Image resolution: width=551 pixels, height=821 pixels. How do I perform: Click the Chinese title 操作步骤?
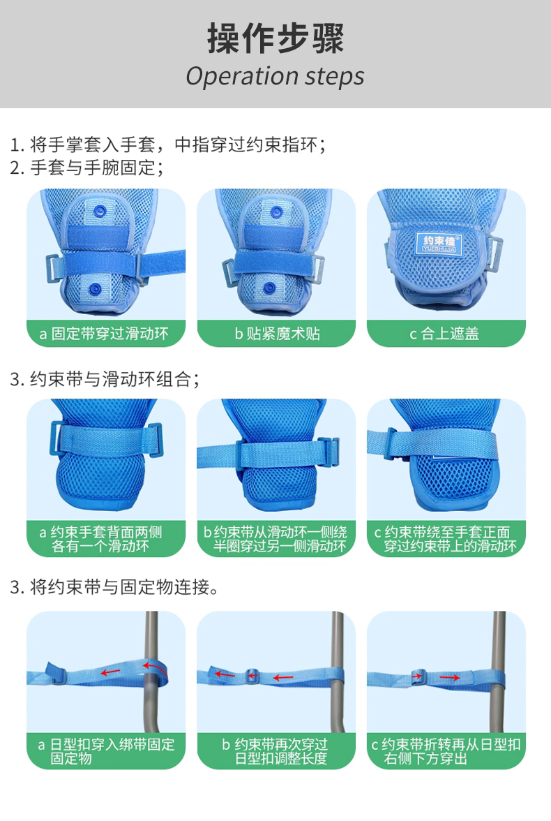275,38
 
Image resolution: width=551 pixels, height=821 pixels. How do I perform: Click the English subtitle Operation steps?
275,77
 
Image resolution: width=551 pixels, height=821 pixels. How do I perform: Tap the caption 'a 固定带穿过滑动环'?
104,334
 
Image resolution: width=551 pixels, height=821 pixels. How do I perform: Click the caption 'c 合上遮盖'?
444,334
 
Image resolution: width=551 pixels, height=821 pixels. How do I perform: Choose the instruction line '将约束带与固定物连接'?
119,587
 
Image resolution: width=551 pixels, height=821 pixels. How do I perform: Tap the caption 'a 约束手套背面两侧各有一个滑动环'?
101,539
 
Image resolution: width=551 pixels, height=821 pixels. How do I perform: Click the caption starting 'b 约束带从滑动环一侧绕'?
275,539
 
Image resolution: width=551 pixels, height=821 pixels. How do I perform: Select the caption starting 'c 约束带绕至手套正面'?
445,539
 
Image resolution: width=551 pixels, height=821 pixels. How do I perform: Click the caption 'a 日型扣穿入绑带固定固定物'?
106,751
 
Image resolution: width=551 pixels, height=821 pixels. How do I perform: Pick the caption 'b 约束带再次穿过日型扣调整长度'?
275,751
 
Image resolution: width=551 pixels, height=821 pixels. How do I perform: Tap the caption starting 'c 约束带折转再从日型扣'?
446,751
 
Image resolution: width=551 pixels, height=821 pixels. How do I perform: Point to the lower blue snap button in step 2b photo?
269,288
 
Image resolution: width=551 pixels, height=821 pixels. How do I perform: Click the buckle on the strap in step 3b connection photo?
252,676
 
